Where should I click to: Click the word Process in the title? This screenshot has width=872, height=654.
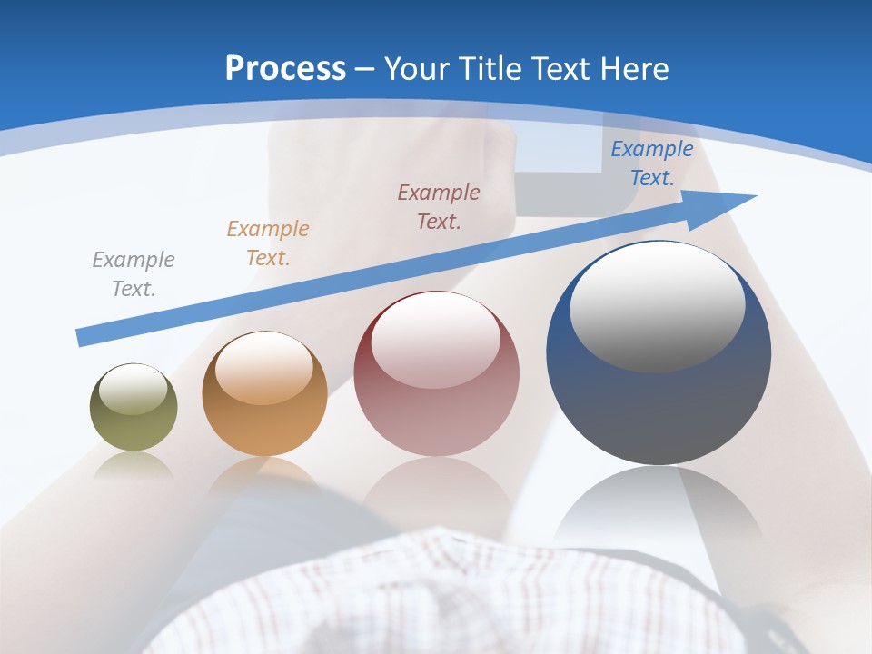(285, 68)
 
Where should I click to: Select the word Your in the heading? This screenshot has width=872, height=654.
(417, 68)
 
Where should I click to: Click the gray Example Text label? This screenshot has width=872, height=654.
(134, 273)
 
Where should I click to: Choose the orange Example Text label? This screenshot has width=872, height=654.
(268, 243)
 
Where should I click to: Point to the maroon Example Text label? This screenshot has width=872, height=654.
(439, 206)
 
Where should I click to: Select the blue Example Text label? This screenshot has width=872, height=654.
(651, 163)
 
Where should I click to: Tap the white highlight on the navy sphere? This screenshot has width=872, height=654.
(657, 306)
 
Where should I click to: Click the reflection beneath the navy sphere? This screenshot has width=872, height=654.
(659, 504)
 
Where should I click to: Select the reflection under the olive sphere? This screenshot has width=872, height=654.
(134, 465)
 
